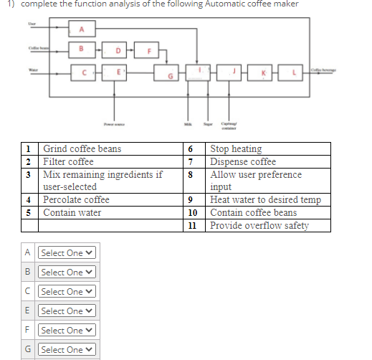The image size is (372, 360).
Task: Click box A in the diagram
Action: pos(81,29)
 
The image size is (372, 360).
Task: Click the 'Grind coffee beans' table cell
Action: pos(82,149)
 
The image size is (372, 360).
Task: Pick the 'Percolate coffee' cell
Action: pos(76,200)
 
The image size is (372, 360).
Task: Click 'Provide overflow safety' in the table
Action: pos(259,226)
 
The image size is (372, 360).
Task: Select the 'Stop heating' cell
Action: pos(236,149)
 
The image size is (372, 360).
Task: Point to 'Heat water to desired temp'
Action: pos(265,200)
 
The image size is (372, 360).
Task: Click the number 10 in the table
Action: pos(192,213)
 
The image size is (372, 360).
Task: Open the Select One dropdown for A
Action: pos(67,253)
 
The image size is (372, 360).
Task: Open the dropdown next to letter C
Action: pos(67,292)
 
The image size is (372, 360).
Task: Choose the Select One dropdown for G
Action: pos(67,350)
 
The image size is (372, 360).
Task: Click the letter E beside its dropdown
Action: pos(28,311)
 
